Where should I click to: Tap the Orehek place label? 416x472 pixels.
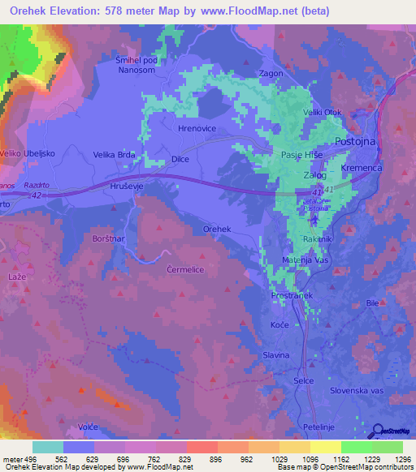[x=217, y=230]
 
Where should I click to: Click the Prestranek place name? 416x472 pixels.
[x=292, y=297]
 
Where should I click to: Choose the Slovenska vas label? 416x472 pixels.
[x=357, y=390]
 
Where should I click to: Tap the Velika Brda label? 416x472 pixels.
[x=114, y=154]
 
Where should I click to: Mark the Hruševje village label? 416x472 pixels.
[x=128, y=186]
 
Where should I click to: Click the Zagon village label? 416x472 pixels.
[x=271, y=73]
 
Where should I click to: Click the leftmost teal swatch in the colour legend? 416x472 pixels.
[x=48, y=447]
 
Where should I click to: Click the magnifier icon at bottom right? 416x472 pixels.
[x=376, y=430]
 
